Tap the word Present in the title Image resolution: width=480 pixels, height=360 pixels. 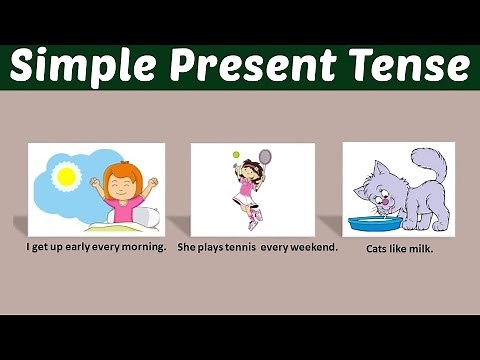245,66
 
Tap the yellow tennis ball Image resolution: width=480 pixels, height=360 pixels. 236,154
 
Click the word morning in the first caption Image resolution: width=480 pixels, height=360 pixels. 144,246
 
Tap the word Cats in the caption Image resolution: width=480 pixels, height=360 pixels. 378,248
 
